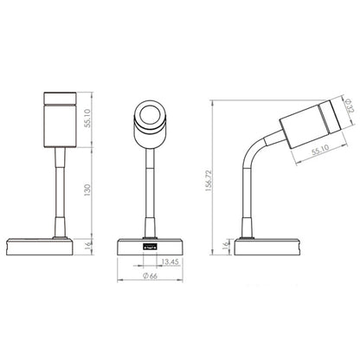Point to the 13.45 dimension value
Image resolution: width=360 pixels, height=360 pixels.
click(x=170, y=259)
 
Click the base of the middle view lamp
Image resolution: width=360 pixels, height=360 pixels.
click(x=130, y=247)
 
